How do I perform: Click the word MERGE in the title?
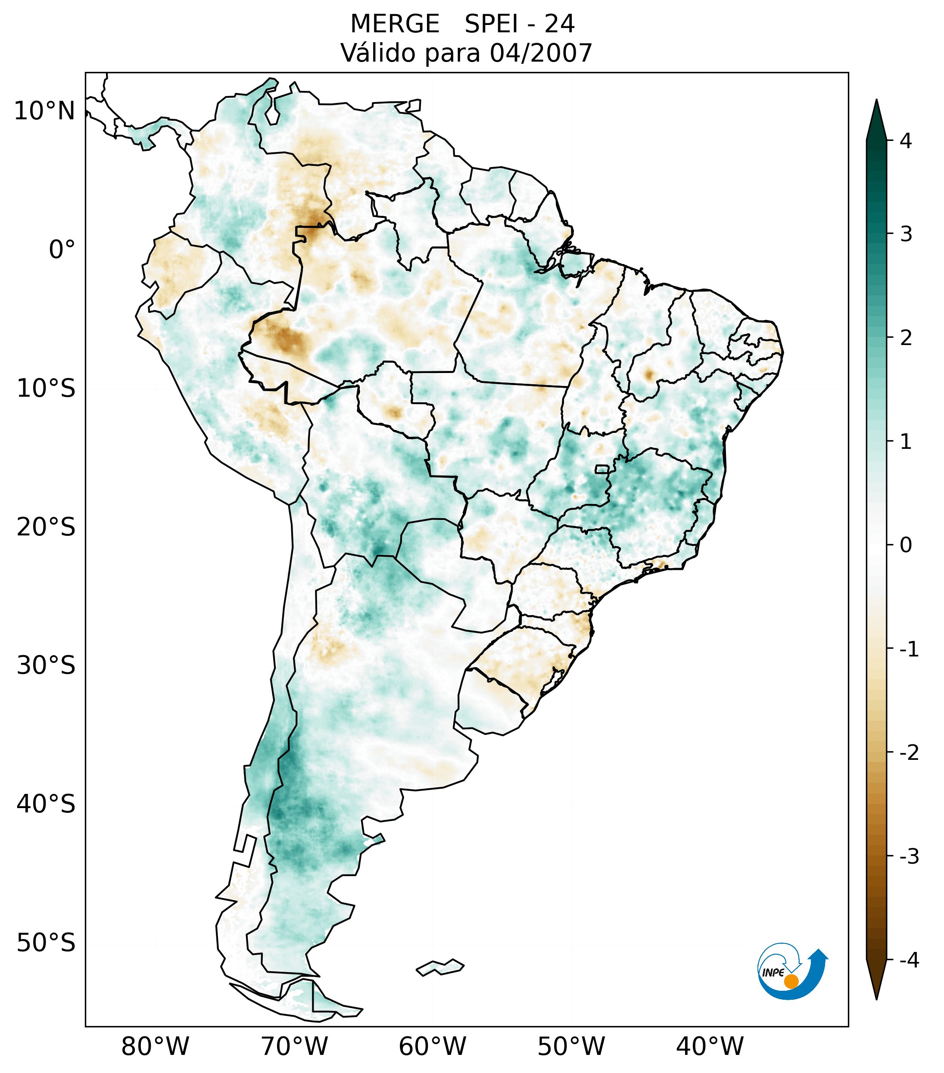[x=394, y=24]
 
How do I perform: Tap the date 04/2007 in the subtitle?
[x=541, y=53]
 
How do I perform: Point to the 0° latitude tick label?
[x=62, y=250]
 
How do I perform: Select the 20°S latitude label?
[x=46, y=527]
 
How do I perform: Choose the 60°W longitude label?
[x=432, y=1046]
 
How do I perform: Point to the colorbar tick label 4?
[x=906, y=141]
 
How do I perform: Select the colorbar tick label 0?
[x=906, y=545]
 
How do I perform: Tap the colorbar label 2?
[x=906, y=338]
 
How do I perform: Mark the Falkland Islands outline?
[x=440, y=967]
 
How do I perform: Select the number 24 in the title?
[x=559, y=24]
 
